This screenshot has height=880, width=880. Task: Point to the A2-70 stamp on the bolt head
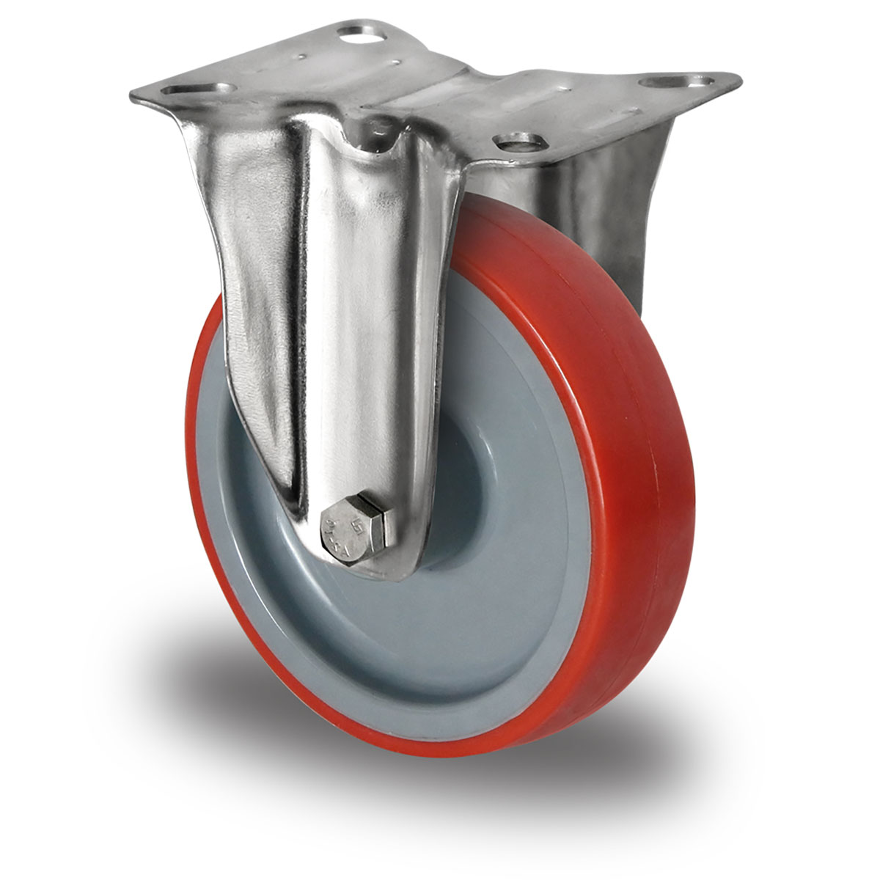coord(336,529)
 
